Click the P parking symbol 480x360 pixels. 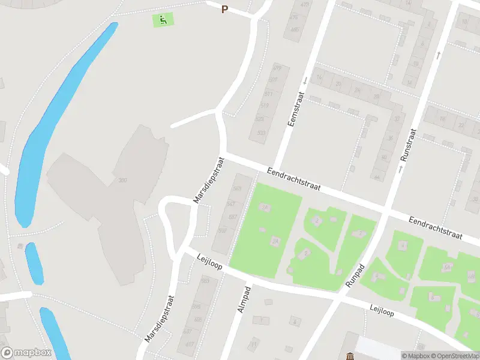pyautogui.click(x=225, y=9)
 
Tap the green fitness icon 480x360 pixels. pyautogui.click(x=163, y=20)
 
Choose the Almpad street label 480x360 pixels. pyautogui.click(x=245, y=298)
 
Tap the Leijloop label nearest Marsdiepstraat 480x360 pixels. pyautogui.click(x=210, y=265)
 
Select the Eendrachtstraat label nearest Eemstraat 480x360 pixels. pyautogui.click(x=294, y=179)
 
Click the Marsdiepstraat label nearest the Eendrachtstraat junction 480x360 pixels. pyautogui.click(x=208, y=179)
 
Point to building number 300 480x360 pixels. pyautogui.click(x=123, y=181)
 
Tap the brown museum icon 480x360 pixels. pyautogui.click(x=350, y=354)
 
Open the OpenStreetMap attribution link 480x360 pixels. pyautogui.click(x=454, y=356)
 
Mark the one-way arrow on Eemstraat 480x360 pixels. pyautogui.click(x=305, y=80)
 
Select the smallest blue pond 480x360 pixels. pyautogui.click(x=34, y=263)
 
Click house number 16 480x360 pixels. pyautogui.click(x=319, y=78)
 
